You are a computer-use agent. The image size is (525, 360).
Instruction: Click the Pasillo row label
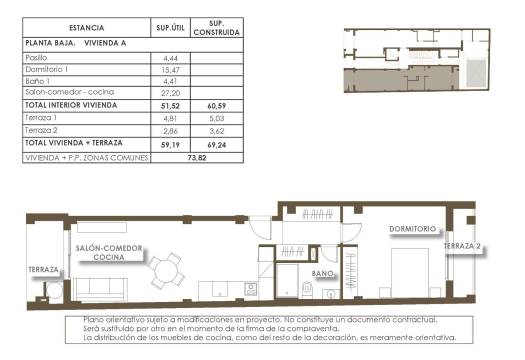point(36,59)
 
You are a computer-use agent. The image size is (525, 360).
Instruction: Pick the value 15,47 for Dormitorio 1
point(169,70)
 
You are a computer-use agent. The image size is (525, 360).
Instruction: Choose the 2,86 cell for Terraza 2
point(169,130)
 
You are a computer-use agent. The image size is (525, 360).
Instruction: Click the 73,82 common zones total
point(196,157)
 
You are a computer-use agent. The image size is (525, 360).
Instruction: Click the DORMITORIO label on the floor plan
point(413,229)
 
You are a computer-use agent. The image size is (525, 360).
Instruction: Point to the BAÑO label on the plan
point(322,272)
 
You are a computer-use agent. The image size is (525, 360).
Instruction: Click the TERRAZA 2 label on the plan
point(463,246)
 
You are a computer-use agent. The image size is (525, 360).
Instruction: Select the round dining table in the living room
point(167,269)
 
